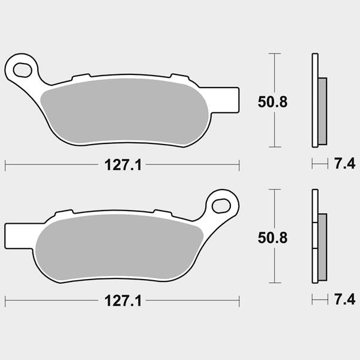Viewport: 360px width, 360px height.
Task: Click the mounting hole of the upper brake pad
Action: point(23,70)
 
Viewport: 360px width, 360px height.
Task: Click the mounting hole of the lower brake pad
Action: point(221,206)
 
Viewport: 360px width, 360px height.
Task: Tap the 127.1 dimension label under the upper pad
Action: point(123,165)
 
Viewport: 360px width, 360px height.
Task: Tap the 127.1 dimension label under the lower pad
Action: point(123,301)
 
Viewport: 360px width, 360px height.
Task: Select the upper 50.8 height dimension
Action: point(272,102)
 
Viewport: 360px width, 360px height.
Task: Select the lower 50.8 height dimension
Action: point(272,238)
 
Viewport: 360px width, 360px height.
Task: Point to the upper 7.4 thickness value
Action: point(344,164)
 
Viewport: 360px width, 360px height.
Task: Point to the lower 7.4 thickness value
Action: point(344,299)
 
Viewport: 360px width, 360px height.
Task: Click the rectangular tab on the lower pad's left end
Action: point(19,236)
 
